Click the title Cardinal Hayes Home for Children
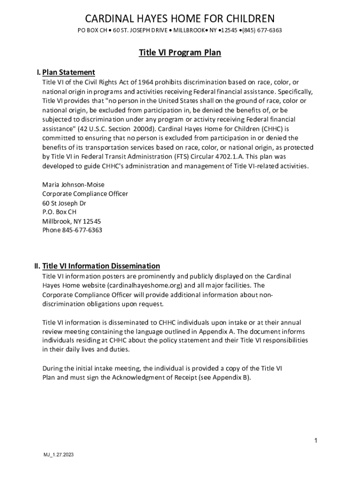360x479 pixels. [x=180, y=19]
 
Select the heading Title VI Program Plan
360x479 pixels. [x=180, y=53]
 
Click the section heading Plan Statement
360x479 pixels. [x=69, y=72]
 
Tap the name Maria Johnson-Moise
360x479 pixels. [x=73, y=184]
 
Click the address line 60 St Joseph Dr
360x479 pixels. [x=64, y=203]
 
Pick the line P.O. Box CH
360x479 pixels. [x=59, y=212]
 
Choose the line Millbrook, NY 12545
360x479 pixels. [x=72, y=221]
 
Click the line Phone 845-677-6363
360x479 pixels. [x=72, y=230]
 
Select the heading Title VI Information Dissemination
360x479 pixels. [x=101, y=266]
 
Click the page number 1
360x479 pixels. [x=316, y=441]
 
